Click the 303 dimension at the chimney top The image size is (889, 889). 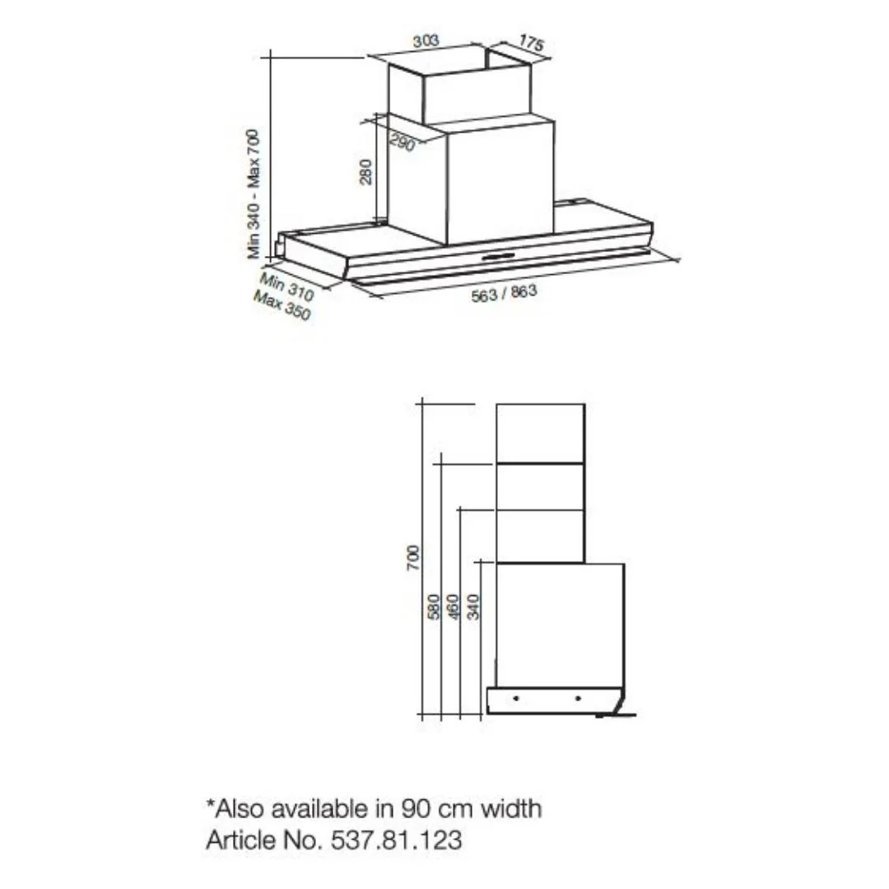coord(426,41)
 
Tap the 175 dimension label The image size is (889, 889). coord(531,43)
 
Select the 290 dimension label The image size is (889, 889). coord(402,143)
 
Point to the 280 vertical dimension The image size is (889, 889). coord(366,172)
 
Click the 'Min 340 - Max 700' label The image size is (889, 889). coord(253,194)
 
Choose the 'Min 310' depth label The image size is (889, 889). coord(287,286)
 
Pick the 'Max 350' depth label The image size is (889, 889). coord(282,305)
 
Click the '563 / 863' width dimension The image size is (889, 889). coord(504,293)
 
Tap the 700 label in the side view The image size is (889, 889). coord(413,558)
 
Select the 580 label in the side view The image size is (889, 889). coord(434,607)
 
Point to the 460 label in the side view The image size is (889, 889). coord(453,607)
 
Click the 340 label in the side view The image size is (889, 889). coord(473,607)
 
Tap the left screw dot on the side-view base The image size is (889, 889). coord(515,699)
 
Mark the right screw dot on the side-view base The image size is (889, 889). coord(578,699)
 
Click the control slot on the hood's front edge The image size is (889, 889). coord(498,256)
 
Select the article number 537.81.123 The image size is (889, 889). coord(396,840)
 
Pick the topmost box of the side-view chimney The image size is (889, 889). coord(540,434)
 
